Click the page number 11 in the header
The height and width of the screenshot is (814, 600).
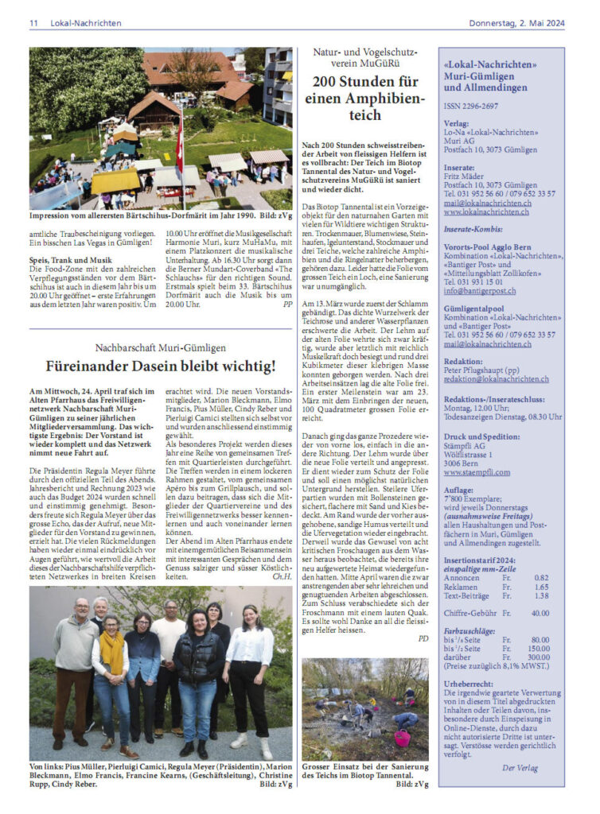33,23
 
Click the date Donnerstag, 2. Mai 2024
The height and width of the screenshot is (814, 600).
528,23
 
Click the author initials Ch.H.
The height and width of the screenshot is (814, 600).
282,576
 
